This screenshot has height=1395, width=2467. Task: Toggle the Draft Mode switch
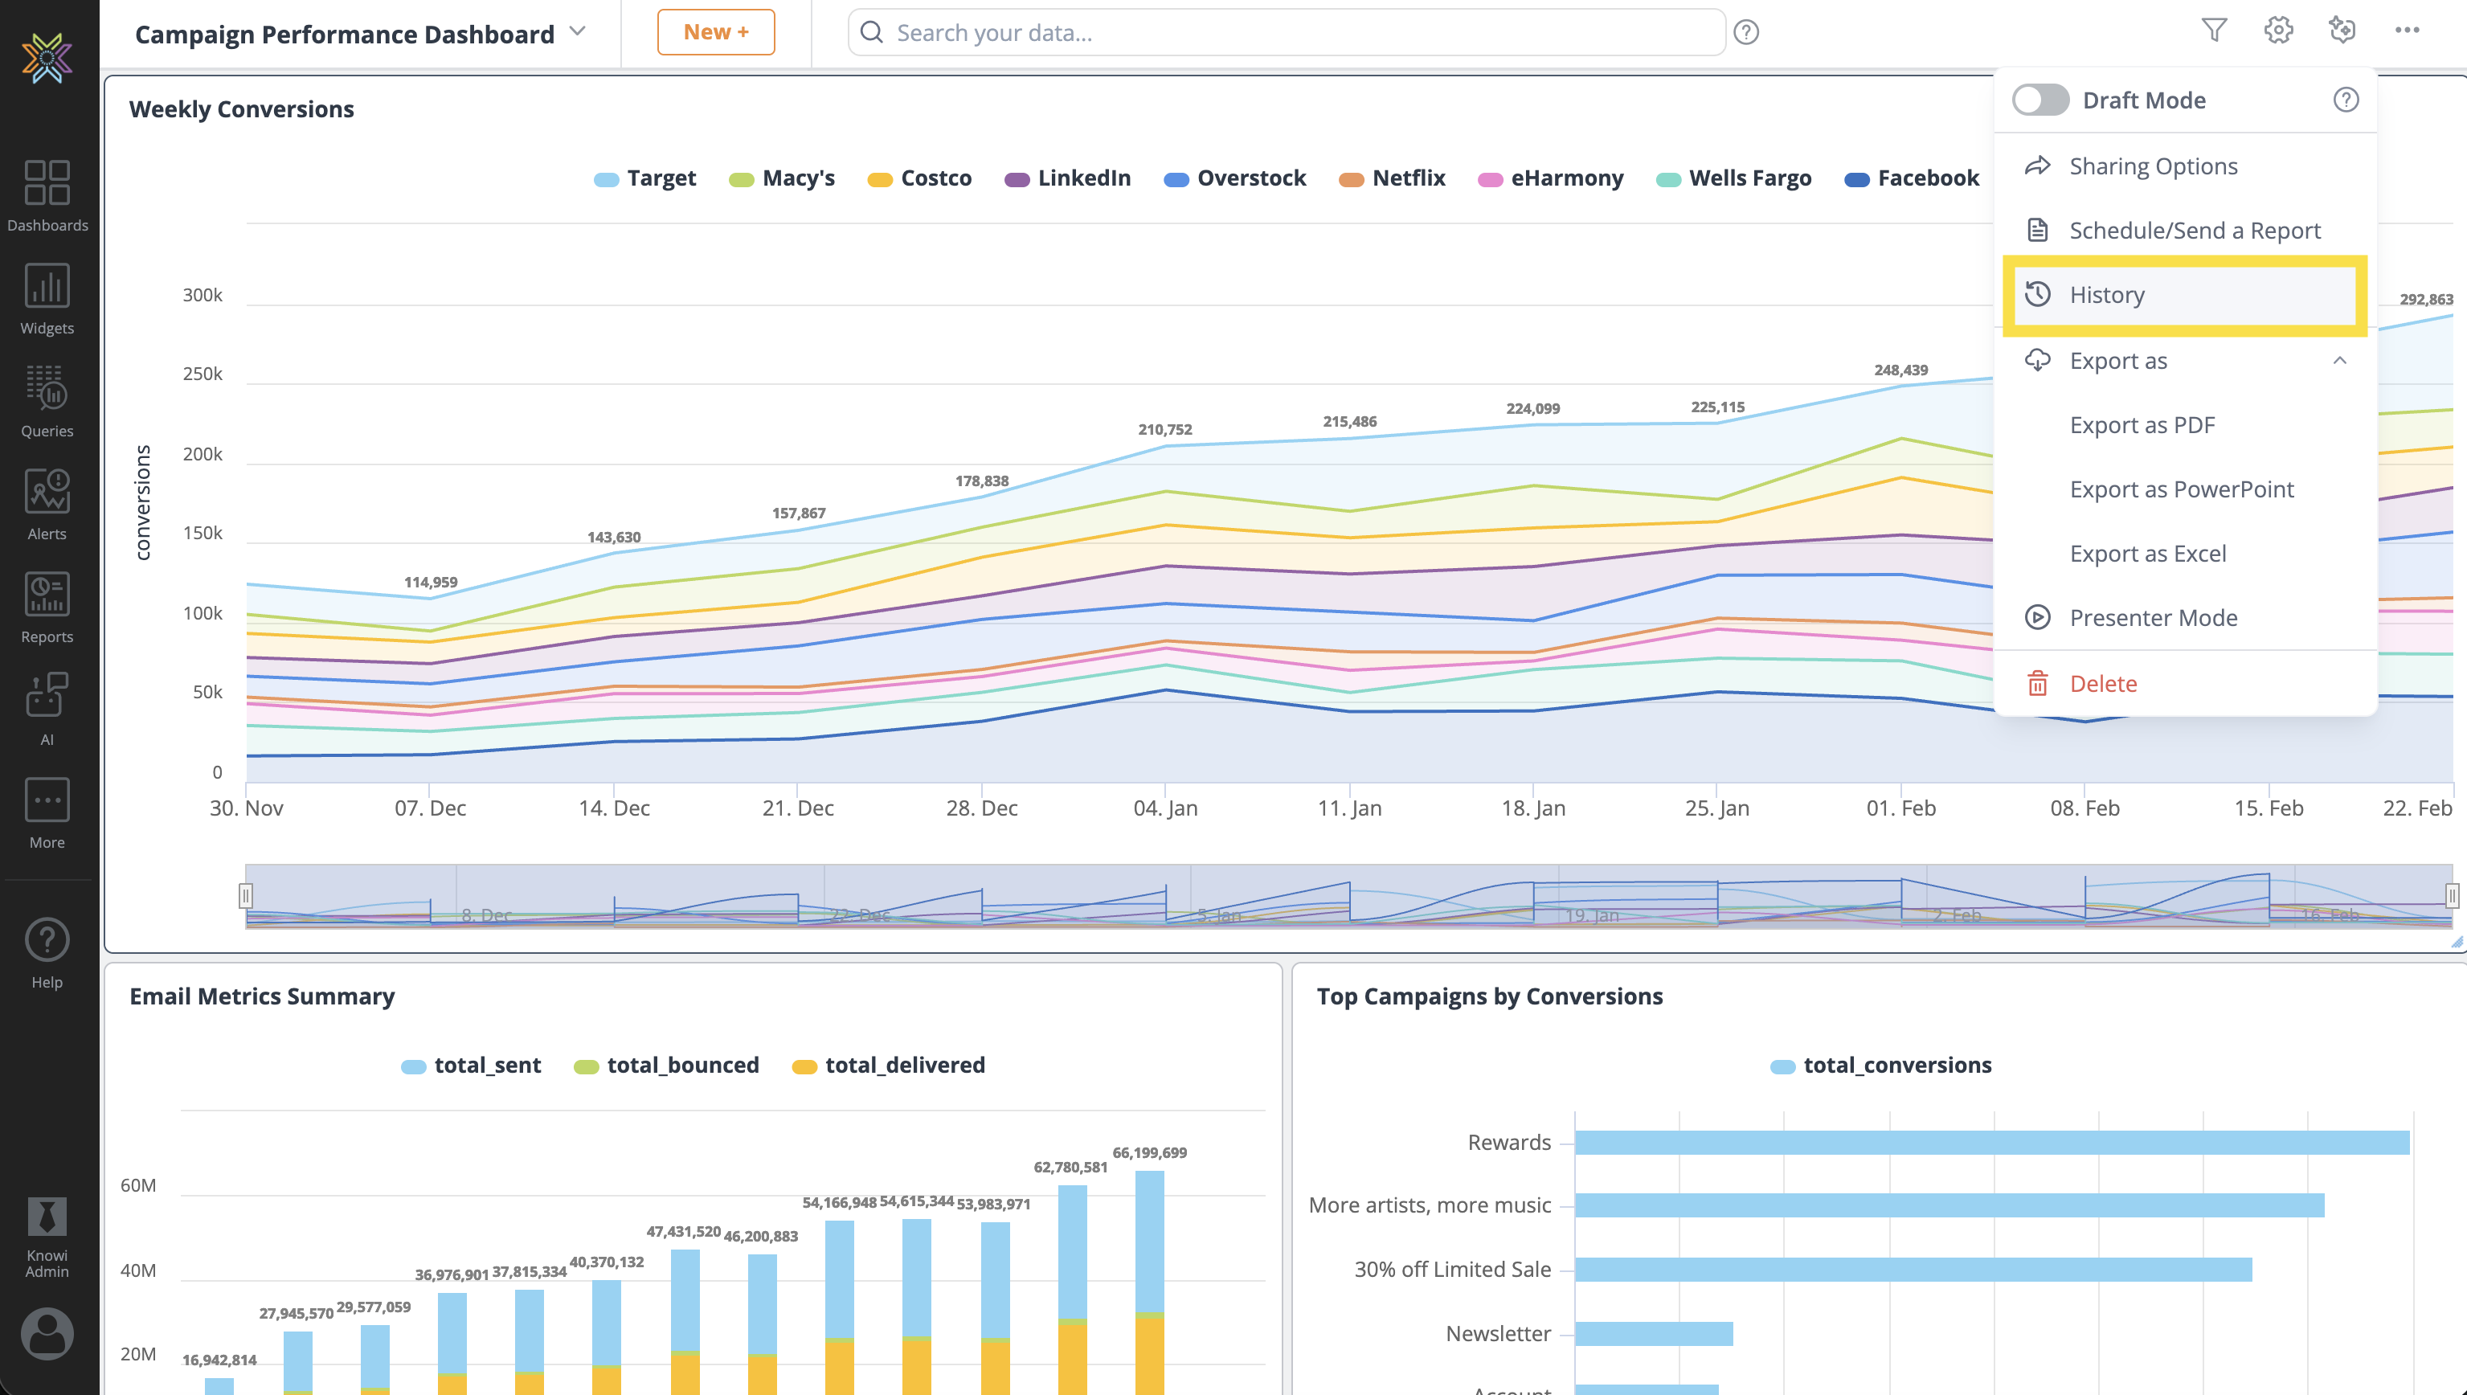2039,100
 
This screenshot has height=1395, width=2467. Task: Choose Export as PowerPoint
2181,489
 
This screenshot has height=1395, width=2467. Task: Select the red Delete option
2102,683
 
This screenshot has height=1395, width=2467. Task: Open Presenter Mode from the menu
2152,618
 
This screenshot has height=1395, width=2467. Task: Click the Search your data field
1284,33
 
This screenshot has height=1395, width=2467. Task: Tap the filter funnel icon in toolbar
2213,31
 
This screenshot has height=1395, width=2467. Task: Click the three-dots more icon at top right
2407,31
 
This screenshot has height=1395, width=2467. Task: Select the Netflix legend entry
1406,178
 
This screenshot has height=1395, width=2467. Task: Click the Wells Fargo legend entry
1749,178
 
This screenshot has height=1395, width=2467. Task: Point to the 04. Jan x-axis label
1165,808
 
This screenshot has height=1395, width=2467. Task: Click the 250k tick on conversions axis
203,374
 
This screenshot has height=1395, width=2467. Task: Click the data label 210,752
1165,429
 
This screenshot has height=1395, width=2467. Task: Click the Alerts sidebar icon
47,504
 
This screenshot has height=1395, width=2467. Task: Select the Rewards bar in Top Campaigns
1990,1142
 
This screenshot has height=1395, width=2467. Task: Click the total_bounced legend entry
681,1066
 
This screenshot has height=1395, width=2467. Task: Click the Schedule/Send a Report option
2193,231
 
